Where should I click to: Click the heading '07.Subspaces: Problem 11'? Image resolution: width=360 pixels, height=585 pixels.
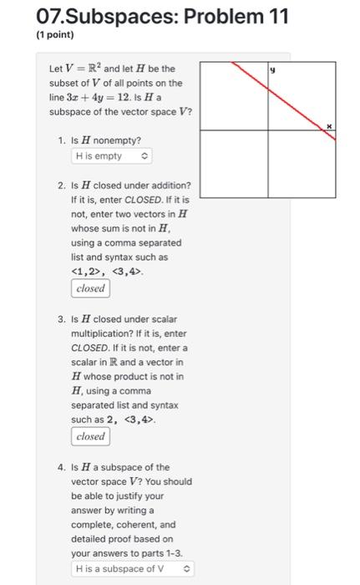tap(134, 16)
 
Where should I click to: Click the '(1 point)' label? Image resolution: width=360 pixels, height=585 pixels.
tap(55, 35)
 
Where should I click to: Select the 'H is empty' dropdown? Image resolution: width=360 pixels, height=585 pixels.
tap(111, 156)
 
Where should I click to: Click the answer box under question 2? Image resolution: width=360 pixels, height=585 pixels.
tap(90, 288)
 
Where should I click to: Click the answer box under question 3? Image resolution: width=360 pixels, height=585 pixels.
tap(90, 436)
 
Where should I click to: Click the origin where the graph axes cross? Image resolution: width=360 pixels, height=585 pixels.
tap(269, 131)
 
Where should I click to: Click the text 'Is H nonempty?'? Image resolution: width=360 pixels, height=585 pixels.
tap(105, 140)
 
